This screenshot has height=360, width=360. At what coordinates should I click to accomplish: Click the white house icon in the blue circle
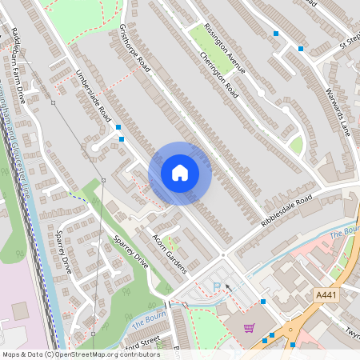tap(180, 173)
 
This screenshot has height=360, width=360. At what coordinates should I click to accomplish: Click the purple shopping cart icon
tap(249, 327)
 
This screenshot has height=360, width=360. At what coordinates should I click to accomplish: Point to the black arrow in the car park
tap(229, 286)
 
